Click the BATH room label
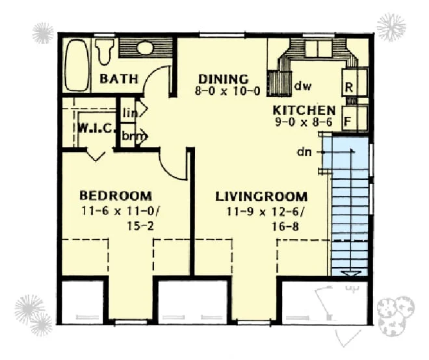[119, 79]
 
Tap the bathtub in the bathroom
[77, 65]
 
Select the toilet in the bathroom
[105, 51]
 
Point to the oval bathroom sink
[145, 47]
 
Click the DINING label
[223, 79]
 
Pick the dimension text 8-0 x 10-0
[227, 91]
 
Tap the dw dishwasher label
[303, 86]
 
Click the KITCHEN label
[304, 110]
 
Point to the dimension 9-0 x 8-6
[304, 122]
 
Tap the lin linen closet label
[130, 112]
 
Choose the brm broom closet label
[133, 136]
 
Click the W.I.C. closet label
[96, 128]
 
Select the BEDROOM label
[116, 196]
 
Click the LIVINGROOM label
[261, 197]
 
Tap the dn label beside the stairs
[304, 152]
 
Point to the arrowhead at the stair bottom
[350, 274]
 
